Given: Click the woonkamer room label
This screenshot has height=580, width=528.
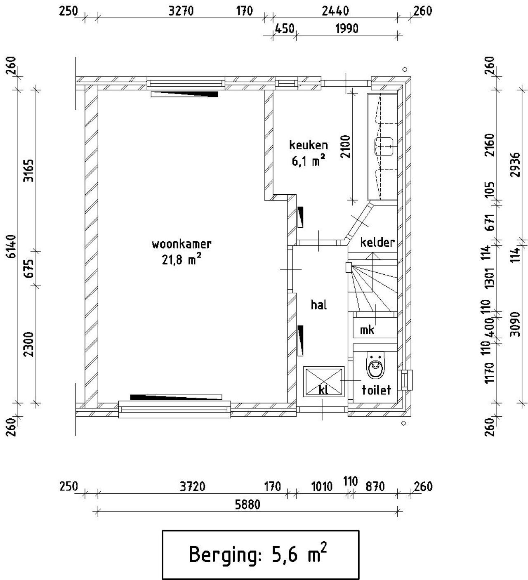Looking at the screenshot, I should [x=181, y=244].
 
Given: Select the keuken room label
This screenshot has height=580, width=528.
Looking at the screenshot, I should [x=308, y=145].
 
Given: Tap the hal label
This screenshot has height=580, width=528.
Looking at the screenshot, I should [x=319, y=305].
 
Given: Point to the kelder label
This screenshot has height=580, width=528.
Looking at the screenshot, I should [x=377, y=242].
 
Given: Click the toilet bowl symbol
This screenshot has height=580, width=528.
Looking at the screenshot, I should [x=375, y=365].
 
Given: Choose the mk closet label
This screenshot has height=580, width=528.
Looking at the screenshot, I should [x=367, y=330].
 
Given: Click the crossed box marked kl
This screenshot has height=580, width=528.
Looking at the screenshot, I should [x=324, y=381].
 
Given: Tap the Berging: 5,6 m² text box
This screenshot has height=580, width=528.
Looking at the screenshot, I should [x=260, y=555].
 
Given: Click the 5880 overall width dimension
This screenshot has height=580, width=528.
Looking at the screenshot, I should [x=247, y=505].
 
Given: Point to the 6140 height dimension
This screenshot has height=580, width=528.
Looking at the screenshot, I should [x=11, y=246].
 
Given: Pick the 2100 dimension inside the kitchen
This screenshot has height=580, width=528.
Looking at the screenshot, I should [x=345, y=146].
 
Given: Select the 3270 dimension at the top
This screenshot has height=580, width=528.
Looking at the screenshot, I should [x=181, y=11].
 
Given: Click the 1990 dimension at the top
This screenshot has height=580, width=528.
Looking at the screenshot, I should [x=346, y=28].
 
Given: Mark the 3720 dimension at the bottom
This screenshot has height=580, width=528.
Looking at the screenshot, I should [x=192, y=487].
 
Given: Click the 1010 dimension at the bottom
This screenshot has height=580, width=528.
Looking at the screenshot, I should [x=321, y=487].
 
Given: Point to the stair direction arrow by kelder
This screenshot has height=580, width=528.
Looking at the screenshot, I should [x=372, y=256].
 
